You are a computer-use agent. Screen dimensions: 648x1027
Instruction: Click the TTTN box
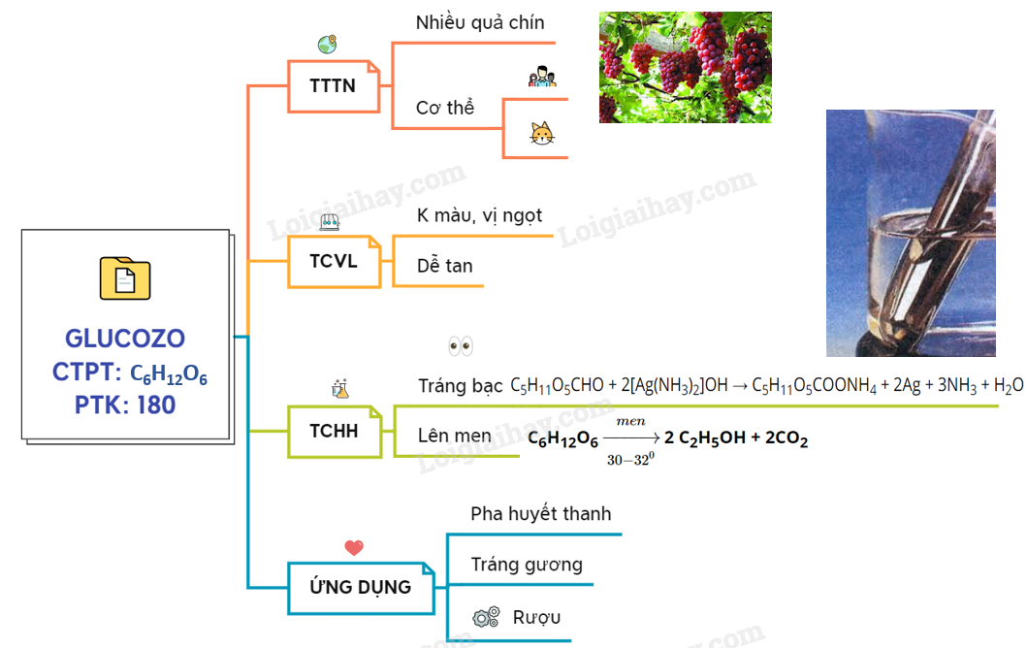pos(333,85)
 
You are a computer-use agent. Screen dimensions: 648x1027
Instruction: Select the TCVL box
pos(333,260)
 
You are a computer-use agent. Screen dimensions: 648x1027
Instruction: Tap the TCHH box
pos(334,432)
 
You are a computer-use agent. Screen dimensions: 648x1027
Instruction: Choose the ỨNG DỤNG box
pos(360,587)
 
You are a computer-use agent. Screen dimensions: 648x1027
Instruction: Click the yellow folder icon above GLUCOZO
pos(125,279)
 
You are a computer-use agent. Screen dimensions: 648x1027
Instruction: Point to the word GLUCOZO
pos(125,339)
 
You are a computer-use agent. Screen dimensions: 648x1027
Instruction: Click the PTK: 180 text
pos(125,405)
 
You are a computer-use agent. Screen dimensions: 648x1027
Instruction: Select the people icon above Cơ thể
pos(542,77)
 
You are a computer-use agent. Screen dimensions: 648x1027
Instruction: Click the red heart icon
pos(354,548)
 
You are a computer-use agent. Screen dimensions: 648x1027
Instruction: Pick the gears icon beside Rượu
pos(486,617)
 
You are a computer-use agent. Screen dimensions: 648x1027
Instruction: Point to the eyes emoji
pos(461,346)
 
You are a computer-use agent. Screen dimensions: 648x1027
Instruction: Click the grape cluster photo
pos(685,67)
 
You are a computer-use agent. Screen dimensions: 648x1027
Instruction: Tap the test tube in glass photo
pos(910,233)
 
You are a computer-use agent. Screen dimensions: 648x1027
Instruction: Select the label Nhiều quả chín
pos(480,22)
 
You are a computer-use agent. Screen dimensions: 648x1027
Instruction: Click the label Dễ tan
pos(445,266)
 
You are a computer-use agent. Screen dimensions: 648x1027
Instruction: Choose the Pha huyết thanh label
pos(541,513)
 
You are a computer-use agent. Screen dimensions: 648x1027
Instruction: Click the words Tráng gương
pos(527,564)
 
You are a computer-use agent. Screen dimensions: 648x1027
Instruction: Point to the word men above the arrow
pos(630,421)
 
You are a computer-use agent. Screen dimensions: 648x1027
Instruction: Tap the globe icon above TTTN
pos(327,45)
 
